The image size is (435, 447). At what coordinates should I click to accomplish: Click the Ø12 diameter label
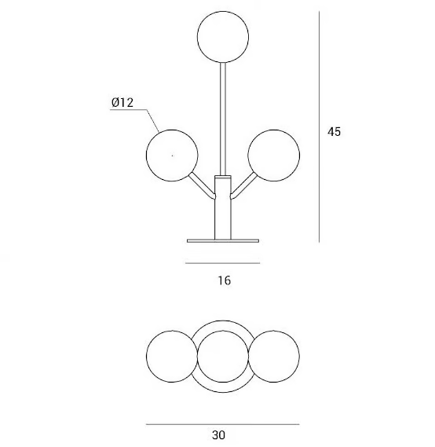click(x=122, y=102)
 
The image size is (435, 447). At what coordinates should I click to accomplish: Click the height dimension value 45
click(x=334, y=132)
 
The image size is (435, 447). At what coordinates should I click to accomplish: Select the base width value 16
click(x=225, y=280)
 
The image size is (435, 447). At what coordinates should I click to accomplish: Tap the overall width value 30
click(x=218, y=435)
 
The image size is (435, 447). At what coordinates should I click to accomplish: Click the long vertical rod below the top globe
click(x=223, y=119)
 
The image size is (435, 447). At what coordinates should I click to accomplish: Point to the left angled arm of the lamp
click(x=202, y=185)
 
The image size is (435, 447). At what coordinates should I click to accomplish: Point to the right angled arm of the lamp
click(x=243, y=185)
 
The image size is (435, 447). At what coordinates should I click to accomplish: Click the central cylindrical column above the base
click(x=223, y=207)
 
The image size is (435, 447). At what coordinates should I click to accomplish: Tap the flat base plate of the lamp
click(x=223, y=241)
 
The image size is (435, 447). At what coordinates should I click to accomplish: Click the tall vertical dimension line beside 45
click(x=319, y=126)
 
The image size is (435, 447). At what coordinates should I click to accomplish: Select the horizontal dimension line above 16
click(x=222, y=263)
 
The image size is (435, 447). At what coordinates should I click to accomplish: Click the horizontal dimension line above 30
click(x=222, y=424)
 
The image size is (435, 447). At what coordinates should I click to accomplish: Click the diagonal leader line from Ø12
click(x=153, y=120)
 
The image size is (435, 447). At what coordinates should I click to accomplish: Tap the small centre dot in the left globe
click(x=172, y=156)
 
